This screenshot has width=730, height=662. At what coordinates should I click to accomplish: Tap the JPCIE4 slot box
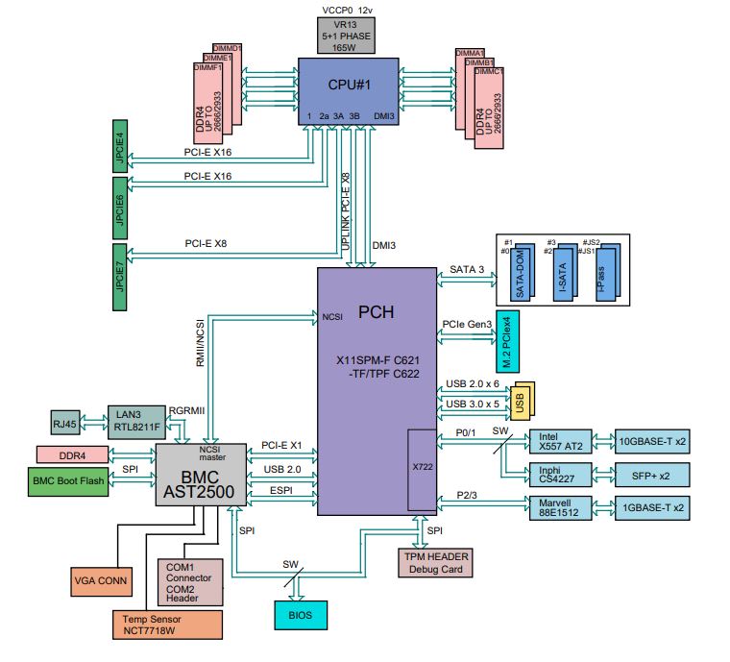[121, 145]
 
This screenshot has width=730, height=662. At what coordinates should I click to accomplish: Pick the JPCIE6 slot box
[121, 208]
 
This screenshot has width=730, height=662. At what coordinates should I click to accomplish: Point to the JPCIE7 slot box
[121, 279]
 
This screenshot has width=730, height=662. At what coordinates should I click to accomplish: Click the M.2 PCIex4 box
[507, 342]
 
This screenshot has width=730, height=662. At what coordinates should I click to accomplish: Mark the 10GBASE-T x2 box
[652, 441]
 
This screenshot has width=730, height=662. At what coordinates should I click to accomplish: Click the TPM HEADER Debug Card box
[434, 562]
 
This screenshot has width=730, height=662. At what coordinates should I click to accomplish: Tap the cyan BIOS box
[299, 613]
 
